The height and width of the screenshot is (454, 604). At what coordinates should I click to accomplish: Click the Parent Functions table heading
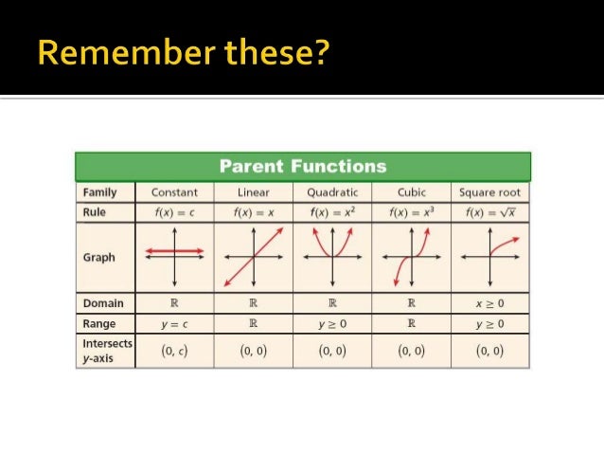click(x=303, y=167)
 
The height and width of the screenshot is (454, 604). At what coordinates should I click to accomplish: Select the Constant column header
click(x=174, y=192)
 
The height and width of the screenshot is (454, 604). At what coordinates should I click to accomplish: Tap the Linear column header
click(x=254, y=192)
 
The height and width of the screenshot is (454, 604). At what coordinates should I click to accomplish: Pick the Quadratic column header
click(x=332, y=192)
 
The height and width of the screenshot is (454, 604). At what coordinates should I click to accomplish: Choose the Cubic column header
click(x=411, y=192)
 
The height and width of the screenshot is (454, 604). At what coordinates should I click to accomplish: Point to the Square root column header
click(x=489, y=192)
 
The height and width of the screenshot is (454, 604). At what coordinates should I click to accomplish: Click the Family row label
click(x=99, y=192)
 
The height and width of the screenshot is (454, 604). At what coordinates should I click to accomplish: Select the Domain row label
click(x=102, y=304)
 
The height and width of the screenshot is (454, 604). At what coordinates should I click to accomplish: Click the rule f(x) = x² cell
click(x=332, y=212)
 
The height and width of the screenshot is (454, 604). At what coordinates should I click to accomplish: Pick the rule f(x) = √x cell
click(x=489, y=212)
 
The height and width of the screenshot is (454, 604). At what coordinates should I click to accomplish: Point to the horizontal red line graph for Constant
click(x=174, y=251)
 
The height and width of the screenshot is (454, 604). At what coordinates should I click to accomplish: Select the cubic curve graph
click(x=411, y=257)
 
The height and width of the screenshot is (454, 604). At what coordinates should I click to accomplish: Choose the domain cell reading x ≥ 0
click(x=489, y=304)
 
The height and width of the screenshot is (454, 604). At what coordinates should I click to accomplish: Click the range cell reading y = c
click(x=174, y=324)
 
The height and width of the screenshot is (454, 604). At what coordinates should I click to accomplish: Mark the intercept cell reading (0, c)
click(x=174, y=350)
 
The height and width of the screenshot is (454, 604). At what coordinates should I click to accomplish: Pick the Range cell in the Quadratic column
click(x=332, y=324)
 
